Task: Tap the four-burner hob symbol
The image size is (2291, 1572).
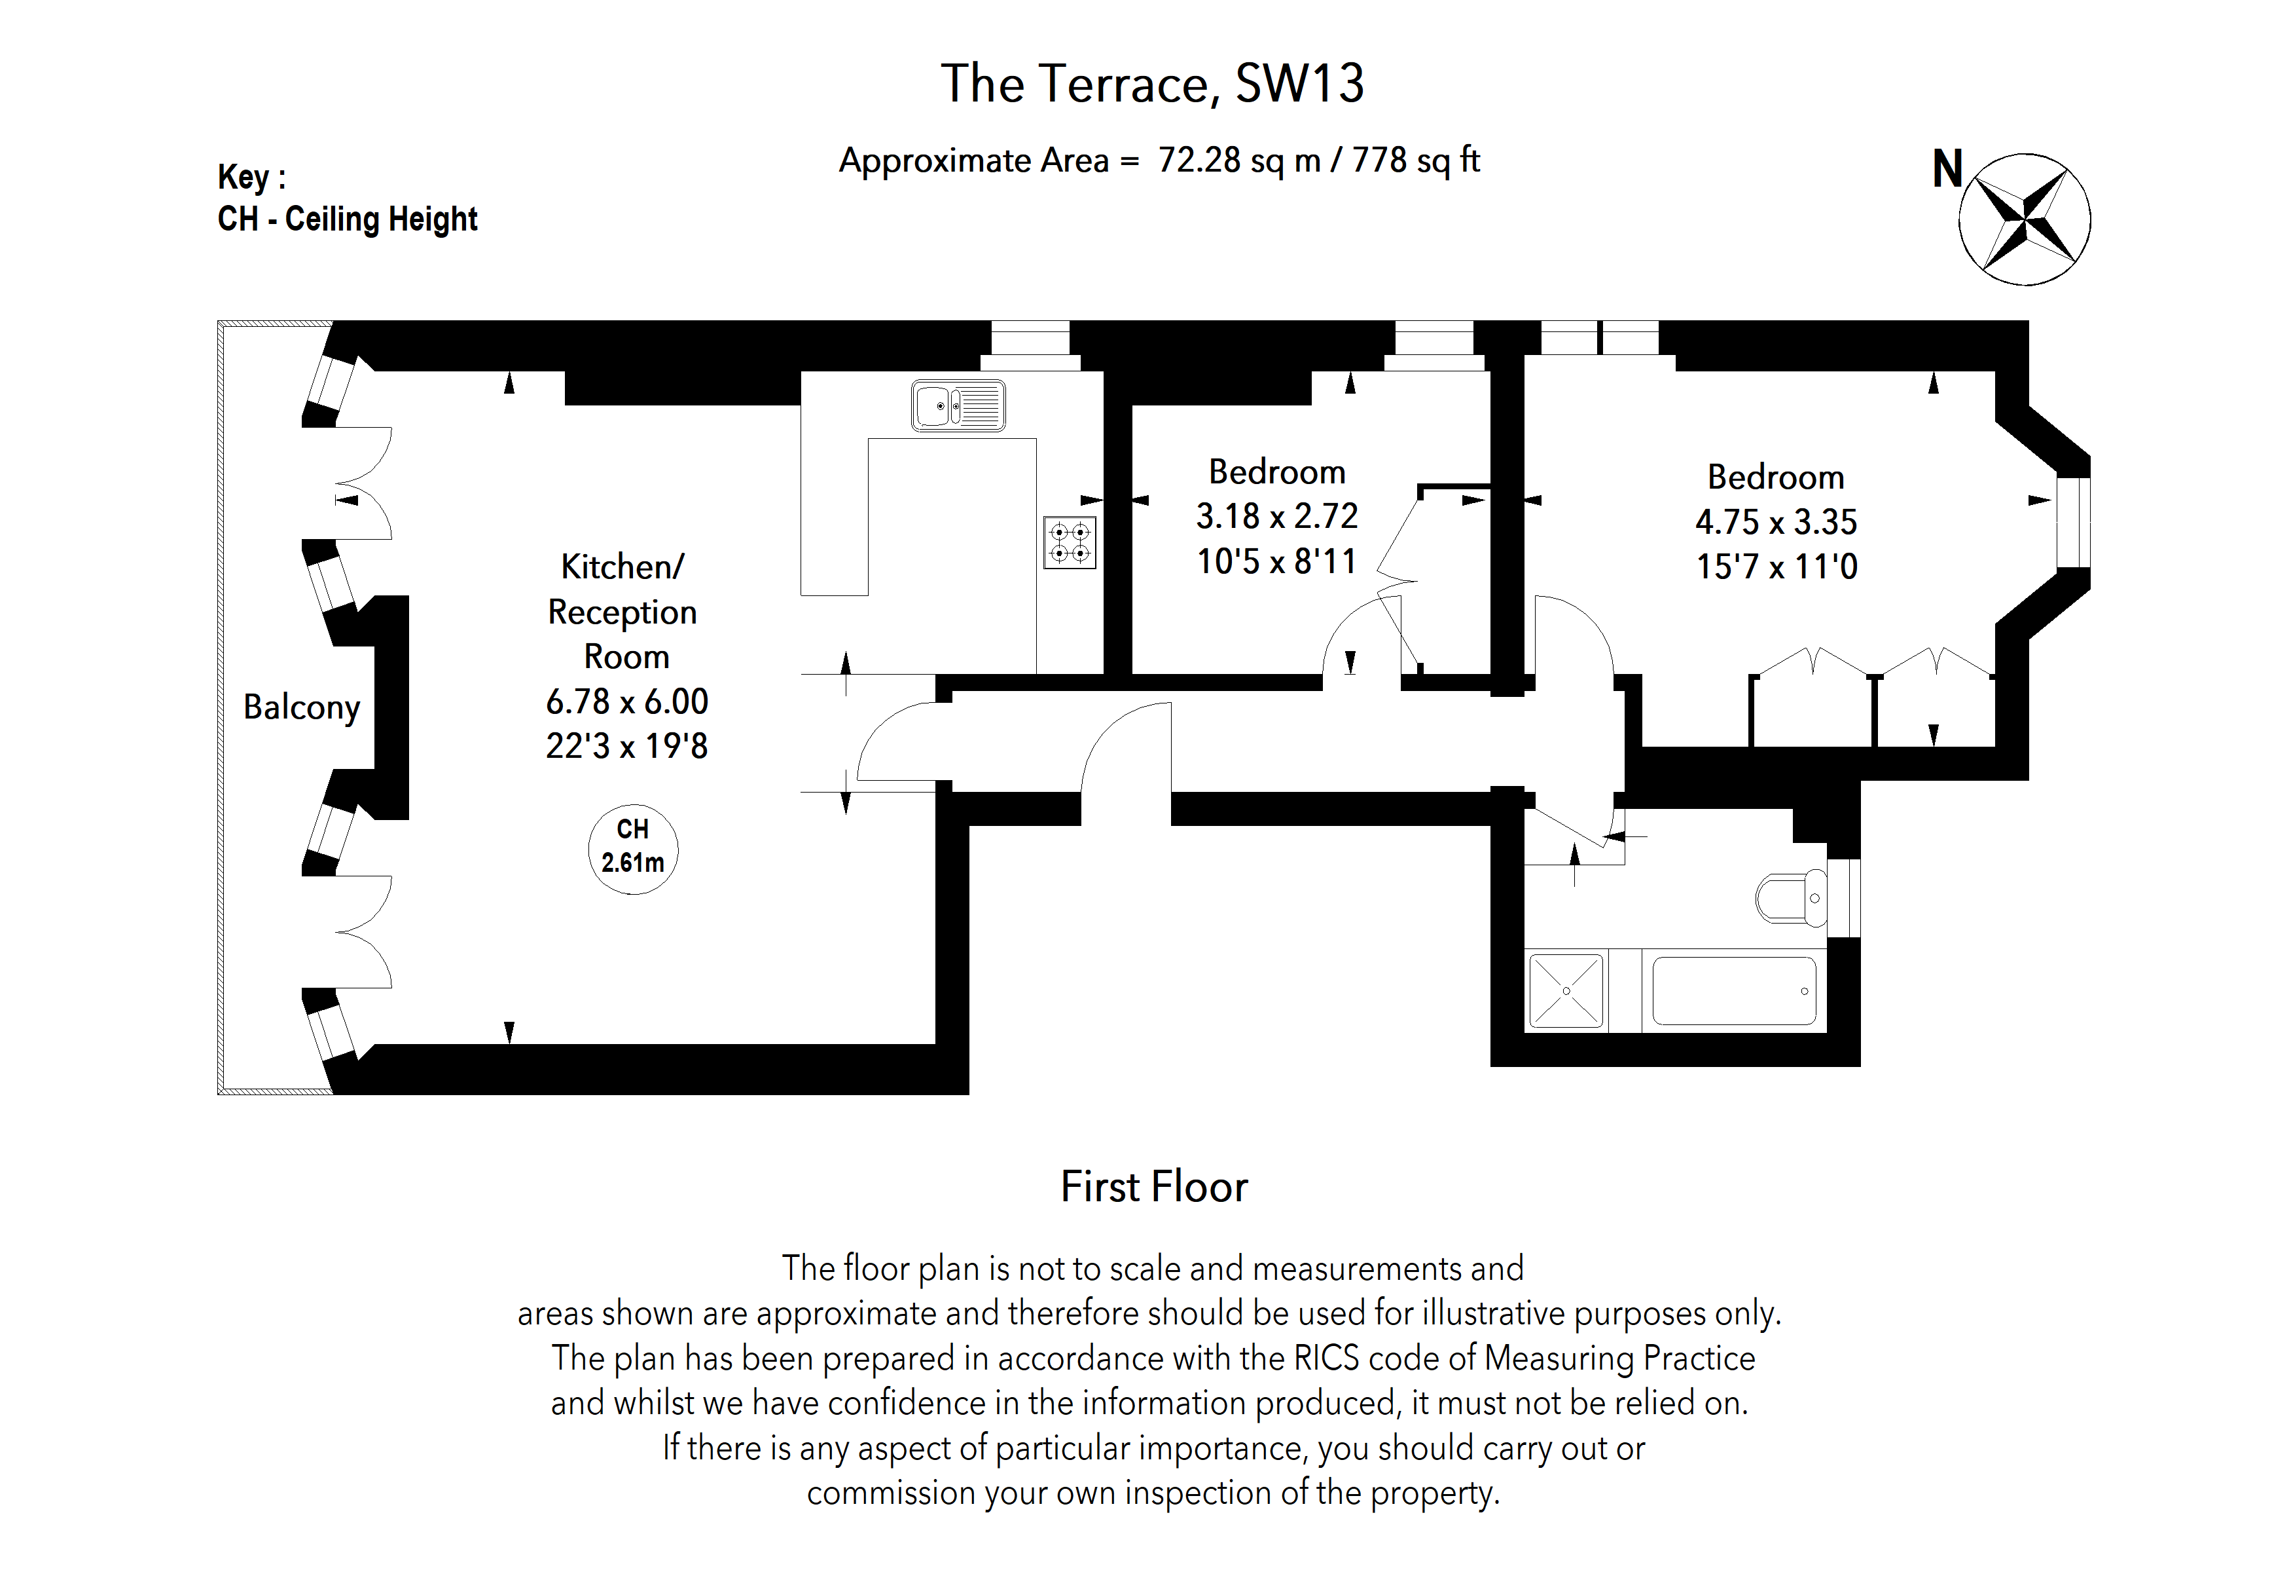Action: pos(1070,542)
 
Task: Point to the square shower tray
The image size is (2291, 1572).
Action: pos(1566,990)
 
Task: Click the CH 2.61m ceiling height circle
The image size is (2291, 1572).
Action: pos(633,848)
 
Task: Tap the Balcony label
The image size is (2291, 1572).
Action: pos(302,707)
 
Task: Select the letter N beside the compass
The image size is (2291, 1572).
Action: pos(1947,170)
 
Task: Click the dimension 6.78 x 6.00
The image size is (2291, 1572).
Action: pos(627,702)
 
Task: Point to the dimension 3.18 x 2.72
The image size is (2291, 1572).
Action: pos(1276,515)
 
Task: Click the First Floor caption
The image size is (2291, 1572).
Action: pos(1153,1186)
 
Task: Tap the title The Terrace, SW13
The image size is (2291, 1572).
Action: pos(1153,84)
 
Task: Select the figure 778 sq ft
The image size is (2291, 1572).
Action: pos(1416,160)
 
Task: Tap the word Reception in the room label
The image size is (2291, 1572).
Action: pos(622,612)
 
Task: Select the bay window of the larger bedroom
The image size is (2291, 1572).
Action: pos(2073,523)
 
